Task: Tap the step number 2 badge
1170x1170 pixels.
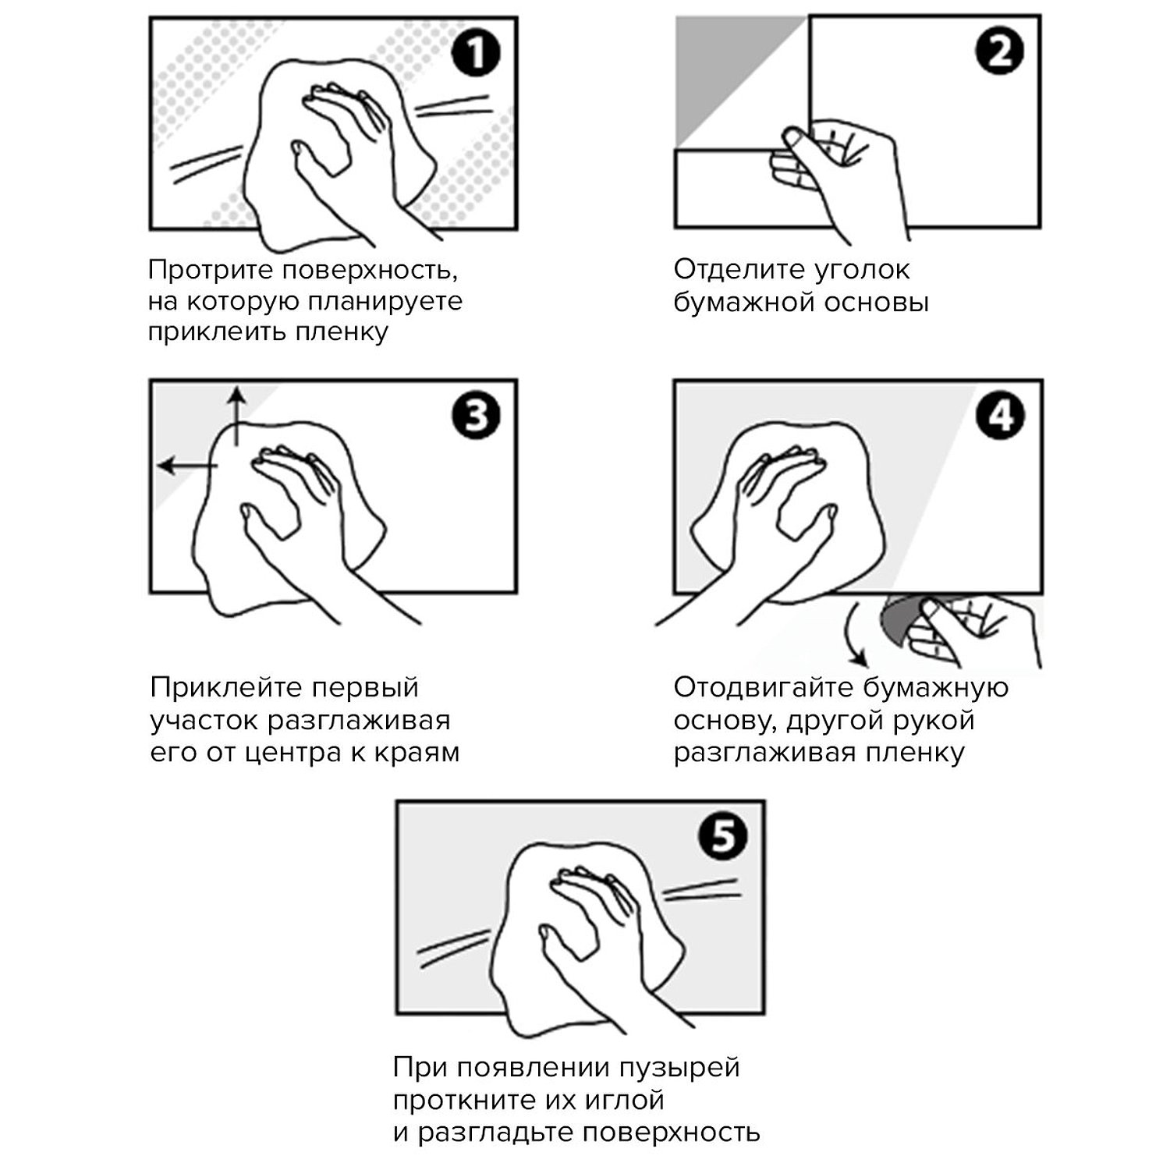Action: pos(999,53)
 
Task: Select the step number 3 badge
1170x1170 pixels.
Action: pos(475,416)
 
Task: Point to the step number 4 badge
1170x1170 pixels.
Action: pos(1000,416)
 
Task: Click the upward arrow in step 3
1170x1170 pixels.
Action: pos(236,417)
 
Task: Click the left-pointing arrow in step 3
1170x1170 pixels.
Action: pos(188,466)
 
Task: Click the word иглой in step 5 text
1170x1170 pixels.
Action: pos(625,1100)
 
